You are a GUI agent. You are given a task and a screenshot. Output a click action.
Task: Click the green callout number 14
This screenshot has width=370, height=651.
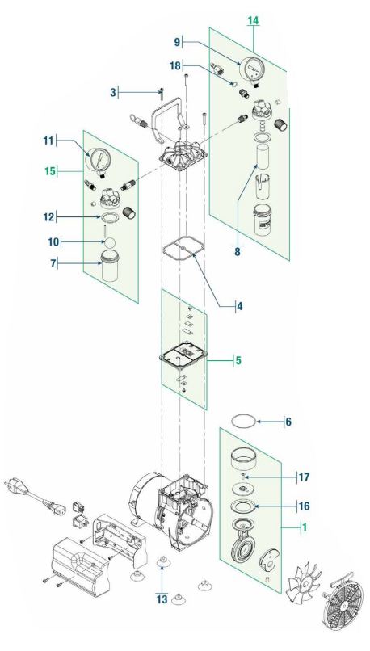(253, 20)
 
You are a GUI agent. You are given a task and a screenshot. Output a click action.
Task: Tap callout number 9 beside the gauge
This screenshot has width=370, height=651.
(177, 42)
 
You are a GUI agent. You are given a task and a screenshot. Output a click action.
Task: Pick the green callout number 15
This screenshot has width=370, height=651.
(50, 170)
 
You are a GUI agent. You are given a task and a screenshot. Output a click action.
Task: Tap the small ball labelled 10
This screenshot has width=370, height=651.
(109, 241)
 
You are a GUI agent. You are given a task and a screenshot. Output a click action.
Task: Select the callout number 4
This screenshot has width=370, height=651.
(240, 306)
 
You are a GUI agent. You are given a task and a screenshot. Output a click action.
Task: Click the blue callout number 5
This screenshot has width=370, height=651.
(238, 360)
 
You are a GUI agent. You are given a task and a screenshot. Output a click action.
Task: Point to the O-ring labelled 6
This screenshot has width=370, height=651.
(243, 421)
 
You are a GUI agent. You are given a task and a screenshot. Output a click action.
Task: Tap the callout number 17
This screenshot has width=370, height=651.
(305, 477)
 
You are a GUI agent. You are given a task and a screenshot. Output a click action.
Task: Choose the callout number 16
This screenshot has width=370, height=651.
(305, 506)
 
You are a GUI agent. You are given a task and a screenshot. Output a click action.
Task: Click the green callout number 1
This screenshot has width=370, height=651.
(305, 527)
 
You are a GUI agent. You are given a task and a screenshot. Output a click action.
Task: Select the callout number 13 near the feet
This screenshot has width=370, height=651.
(162, 599)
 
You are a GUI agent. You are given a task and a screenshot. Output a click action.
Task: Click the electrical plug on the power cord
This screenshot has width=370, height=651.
(12, 486)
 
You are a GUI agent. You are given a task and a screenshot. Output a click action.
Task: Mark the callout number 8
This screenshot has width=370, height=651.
(238, 252)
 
